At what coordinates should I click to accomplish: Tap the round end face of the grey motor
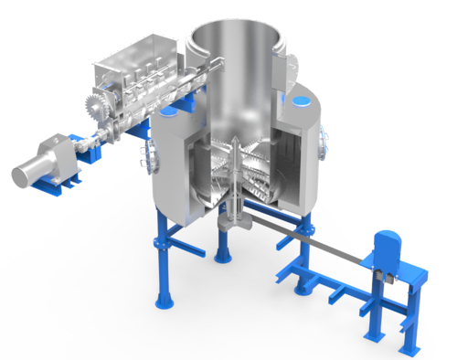(18, 174)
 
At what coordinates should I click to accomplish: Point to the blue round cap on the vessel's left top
(170, 114)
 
